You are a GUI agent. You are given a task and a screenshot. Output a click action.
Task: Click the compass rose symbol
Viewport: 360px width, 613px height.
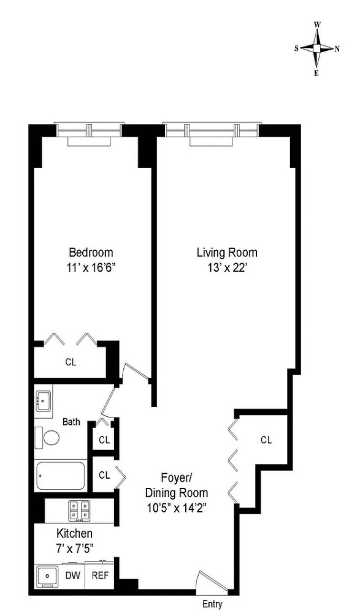[317, 48]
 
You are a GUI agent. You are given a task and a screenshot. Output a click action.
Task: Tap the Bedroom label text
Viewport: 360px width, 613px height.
[91, 253]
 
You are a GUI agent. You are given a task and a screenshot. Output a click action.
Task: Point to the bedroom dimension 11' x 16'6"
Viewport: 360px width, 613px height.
[91, 267]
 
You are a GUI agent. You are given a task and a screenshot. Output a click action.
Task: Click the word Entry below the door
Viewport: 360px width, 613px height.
[212, 604]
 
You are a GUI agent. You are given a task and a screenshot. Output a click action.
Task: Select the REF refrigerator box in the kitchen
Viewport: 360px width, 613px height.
[99, 576]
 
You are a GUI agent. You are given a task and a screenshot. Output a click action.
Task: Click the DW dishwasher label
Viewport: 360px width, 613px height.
[72, 576]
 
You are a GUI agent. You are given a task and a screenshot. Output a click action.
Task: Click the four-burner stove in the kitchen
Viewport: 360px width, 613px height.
[80, 511]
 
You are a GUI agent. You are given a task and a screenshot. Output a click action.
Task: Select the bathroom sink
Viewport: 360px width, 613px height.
[43, 400]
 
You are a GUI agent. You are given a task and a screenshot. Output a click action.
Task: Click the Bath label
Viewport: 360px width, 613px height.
[72, 422]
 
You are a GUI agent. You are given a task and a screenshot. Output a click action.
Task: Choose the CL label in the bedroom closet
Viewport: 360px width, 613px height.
[71, 362]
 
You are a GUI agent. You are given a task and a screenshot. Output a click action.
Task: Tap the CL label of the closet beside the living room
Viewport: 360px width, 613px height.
[266, 440]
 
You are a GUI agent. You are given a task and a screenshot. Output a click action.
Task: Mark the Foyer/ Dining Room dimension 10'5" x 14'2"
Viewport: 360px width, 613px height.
[176, 508]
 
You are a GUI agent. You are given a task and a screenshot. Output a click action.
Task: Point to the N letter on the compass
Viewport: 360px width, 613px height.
[337, 48]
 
